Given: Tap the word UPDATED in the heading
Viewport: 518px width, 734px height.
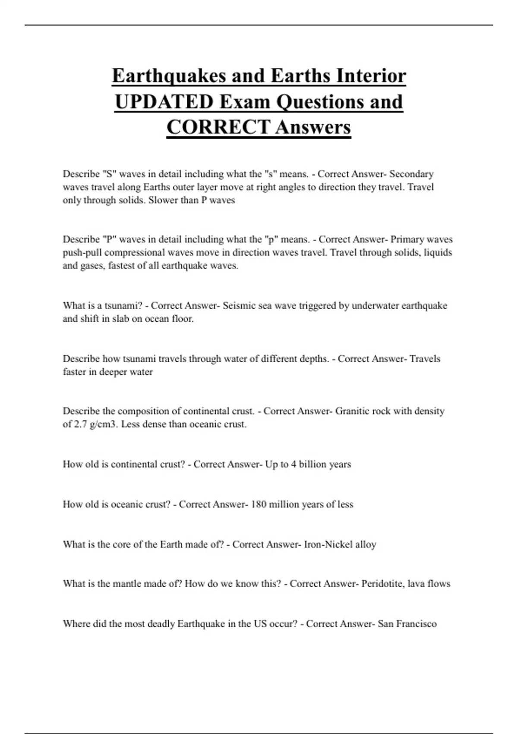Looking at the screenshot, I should [164, 102].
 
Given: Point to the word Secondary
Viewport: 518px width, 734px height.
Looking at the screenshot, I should [411, 174].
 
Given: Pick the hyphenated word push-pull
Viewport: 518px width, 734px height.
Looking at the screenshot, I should [82, 253].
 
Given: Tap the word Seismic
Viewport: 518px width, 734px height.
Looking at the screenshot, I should [239, 306].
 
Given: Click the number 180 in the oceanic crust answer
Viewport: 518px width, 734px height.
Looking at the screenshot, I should [258, 504].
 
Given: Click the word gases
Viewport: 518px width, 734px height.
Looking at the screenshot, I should [92, 266].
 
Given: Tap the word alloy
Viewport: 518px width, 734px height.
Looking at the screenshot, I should [366, 544].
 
